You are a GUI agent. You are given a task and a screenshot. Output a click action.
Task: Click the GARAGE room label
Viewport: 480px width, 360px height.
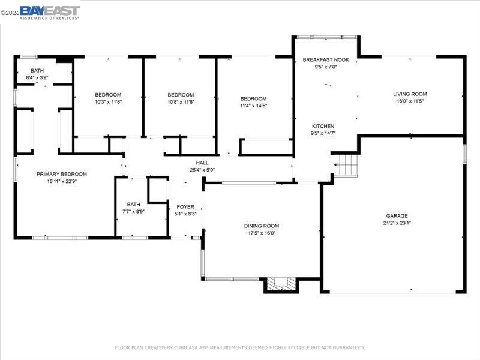(x=397, y=216)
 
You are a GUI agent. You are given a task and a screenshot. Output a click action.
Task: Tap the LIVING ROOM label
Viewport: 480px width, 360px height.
(x=410, y=94)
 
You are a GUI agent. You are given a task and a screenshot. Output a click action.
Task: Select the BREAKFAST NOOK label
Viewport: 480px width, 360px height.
(x=326, y=60)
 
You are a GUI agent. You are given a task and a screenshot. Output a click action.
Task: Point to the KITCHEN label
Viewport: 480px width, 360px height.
(x=323, y=127)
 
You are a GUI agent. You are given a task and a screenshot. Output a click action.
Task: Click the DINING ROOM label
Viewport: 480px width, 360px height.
(x=261, y=226)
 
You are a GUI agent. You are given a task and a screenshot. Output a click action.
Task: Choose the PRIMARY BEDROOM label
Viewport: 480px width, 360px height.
(x=61, y=175)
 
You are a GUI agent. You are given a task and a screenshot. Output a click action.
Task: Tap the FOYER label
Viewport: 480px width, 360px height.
(x=185, y=207)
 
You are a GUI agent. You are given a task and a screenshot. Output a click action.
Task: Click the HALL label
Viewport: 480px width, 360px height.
(x=202, y=163)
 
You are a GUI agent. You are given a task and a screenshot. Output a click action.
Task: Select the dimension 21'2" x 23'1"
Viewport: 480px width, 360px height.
(x=397, y=223)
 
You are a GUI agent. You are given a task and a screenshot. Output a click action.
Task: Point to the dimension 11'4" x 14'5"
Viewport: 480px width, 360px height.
(x=253, y=106)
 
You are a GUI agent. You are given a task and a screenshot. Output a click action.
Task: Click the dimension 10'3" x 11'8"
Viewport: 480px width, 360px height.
(x=108, y=101)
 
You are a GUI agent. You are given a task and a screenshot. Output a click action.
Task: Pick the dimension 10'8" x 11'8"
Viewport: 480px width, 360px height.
(x=181, y=101)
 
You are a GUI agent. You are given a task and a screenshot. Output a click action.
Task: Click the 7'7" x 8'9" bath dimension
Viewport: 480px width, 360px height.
(x=133, y=211)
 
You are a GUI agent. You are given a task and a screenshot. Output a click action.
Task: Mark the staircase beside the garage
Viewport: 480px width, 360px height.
(x=346, y=165)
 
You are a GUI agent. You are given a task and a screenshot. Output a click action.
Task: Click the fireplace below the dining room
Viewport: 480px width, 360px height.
(x=280, y=284)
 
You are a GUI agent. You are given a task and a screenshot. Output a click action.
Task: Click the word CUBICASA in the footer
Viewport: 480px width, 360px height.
(x=189, y=347)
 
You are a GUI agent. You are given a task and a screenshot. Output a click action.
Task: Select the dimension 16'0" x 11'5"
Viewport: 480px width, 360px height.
(x=410, y=101)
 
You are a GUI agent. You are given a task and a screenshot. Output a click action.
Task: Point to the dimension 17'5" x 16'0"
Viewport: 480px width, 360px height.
(x=261, y=233)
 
